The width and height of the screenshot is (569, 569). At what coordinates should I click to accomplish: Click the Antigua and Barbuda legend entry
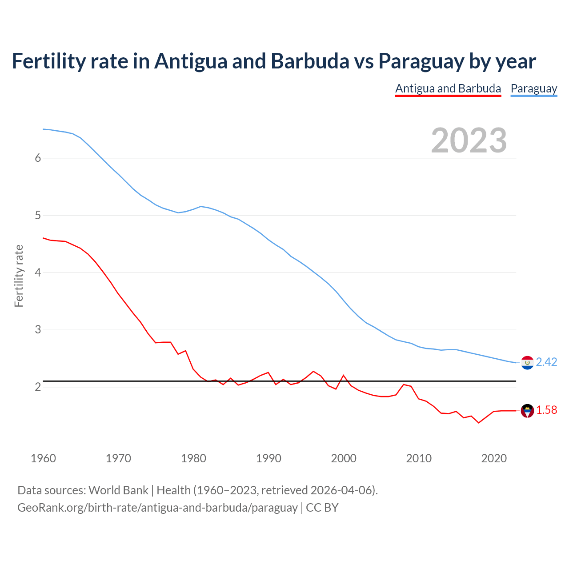tap(448, 88)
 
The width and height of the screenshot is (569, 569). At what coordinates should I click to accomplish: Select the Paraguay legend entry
tap(533, 88)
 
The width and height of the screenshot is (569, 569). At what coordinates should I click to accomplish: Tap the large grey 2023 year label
tap(469, 140)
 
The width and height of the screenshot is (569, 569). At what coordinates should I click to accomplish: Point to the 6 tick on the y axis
tap(38, 158)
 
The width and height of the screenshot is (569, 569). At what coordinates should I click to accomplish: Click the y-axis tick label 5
tap(38, 216)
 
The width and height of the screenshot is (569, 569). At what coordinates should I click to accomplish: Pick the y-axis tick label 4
tap(38, 272)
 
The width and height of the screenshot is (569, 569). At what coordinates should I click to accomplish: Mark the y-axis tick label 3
tap(38, 330)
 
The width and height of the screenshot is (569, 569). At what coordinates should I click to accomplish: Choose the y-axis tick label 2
tap(38, 387)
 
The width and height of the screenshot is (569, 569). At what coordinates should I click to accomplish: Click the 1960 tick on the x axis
tap(43, 458)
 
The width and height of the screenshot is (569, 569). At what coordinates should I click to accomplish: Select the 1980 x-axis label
tap(193, 458)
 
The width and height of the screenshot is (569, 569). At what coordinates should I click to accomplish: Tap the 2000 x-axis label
tap(344, 458)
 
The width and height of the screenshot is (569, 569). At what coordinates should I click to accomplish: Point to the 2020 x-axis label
tap(494, 458)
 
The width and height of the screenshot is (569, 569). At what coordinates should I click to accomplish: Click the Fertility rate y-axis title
tap(19, 276)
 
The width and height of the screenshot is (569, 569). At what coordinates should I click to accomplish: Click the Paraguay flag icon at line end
tap(527, 363)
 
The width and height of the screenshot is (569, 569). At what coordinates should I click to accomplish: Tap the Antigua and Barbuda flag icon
tap(527, 411)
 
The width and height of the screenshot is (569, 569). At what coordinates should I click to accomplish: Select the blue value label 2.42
tap(546, 362)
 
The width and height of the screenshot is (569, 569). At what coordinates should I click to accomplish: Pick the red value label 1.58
tap(546, 410)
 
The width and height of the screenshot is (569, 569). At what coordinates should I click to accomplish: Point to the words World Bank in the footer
tap(118, 490)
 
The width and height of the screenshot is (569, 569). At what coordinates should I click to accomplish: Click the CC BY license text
tap(322, 508)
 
